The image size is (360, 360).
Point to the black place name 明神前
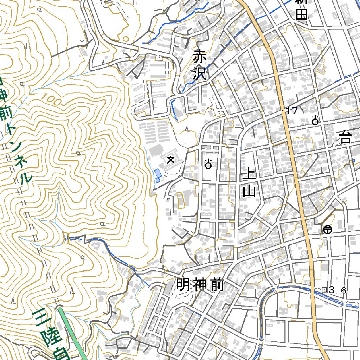[x=199, y=285]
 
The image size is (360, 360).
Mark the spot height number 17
[x=292, y=111]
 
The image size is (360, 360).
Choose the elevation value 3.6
[x=338, y=290]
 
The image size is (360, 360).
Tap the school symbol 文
[x=171, y=160]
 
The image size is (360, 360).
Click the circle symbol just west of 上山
[x=208, y=164]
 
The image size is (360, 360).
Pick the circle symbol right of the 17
[x=315, y=121]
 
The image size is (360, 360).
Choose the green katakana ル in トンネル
[x=26, y=178]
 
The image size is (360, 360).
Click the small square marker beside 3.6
[x=324, y=289]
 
